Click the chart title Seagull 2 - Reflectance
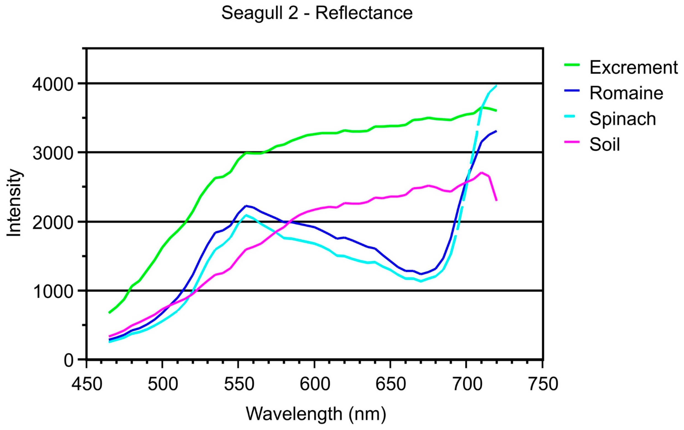tap(317, 13)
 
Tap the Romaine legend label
tap(626, 93)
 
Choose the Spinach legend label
tap(622, 119)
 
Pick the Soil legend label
tap(605, 144)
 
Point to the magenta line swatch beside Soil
tap(572, 142)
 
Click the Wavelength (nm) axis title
tap(316, 414)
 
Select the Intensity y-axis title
tap(14, 203)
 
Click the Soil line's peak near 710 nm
tap(481, 173)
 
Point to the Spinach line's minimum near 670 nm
tap(421, 281)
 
